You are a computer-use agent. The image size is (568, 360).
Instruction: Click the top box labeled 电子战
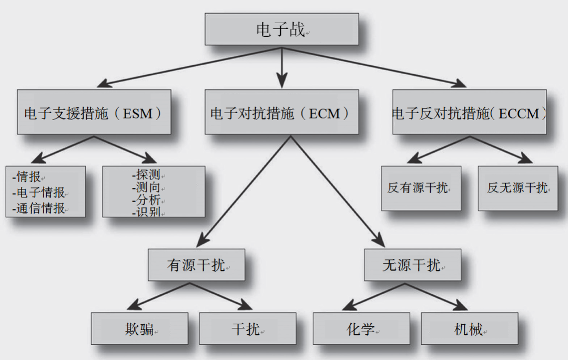tap(281, 29)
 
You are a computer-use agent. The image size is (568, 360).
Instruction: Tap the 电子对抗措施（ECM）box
tap(281, 112)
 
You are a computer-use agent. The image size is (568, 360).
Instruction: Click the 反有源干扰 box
tap(421, 188)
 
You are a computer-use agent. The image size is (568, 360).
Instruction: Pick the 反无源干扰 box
tap(518, 188)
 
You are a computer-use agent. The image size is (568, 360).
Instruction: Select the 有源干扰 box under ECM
tap(196, 265)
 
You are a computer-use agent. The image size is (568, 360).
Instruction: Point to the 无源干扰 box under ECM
tap(412, 265)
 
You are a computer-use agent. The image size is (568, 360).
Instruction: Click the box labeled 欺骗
tap(139, 329)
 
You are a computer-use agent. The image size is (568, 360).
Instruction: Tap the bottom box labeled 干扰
tap(247, 329)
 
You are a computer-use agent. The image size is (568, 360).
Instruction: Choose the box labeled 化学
tap(361, 329)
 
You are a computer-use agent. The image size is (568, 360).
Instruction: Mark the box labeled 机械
tap(469, 329)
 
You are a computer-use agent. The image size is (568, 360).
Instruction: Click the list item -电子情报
tap(39, 192)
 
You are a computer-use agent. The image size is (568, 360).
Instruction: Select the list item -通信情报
tap(39, 208)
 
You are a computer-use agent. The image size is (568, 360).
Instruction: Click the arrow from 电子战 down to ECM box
tap(282, 68)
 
